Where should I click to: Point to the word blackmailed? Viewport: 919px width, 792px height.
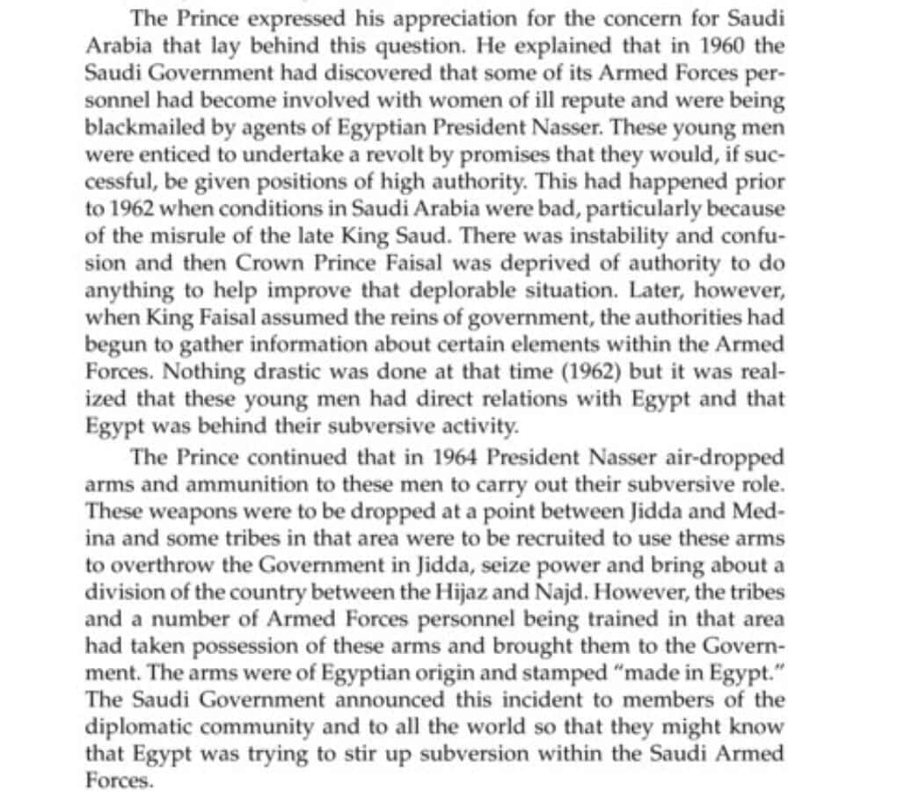[137, 126]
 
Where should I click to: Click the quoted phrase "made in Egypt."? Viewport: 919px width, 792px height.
[681, 674]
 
